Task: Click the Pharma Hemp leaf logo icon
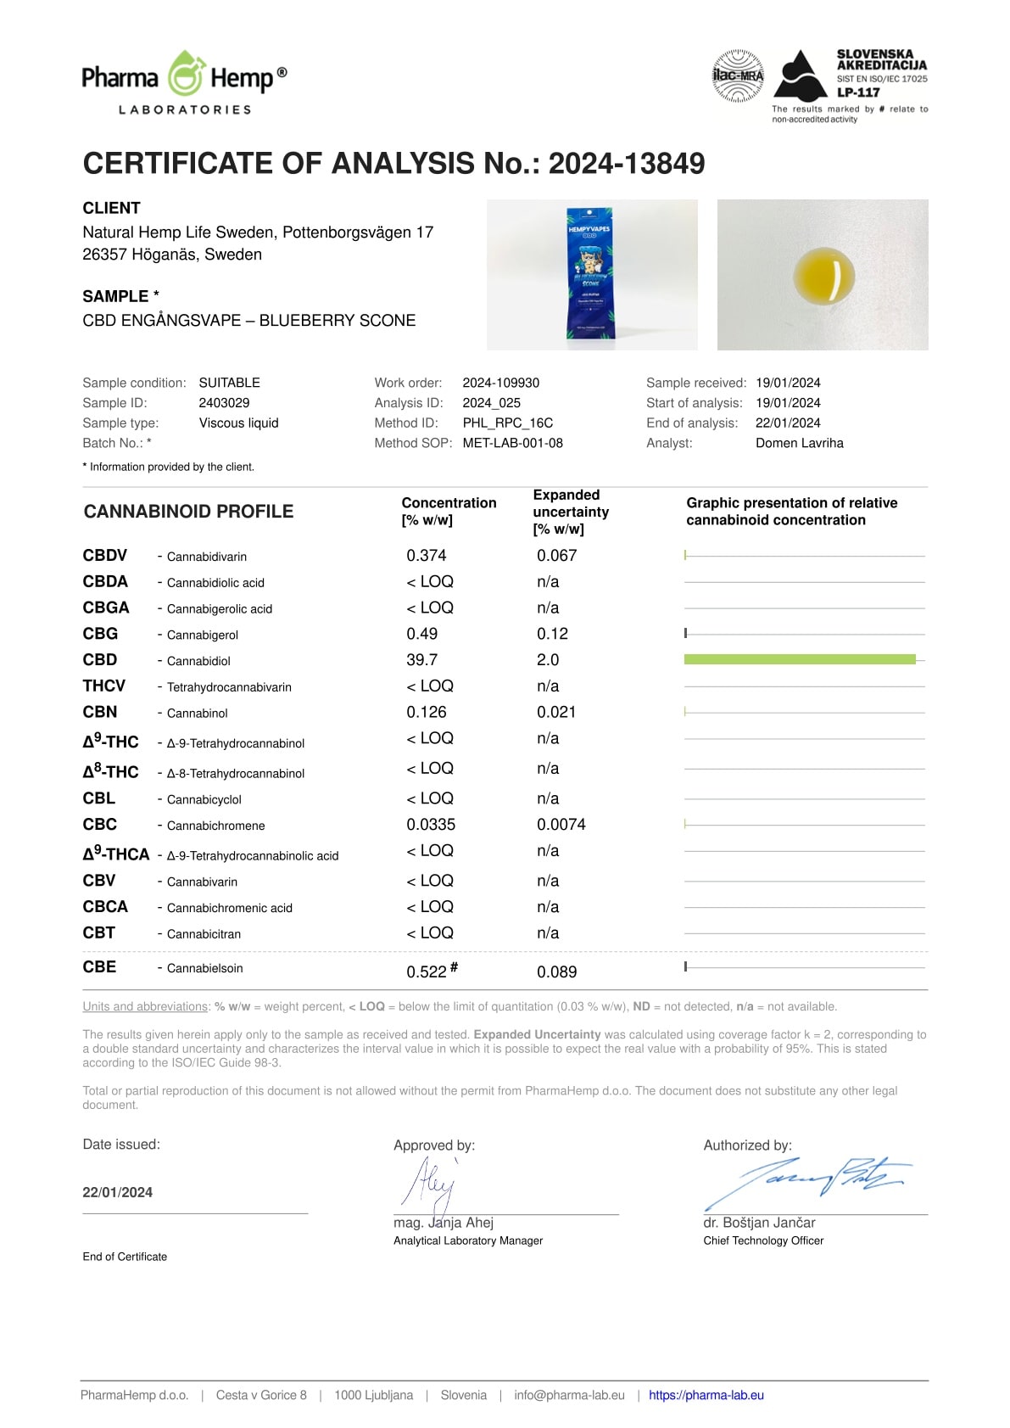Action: click(185, 75)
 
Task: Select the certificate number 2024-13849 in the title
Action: click(626, 164)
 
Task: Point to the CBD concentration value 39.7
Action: click(421, 660)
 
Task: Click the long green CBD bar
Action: click(799, 659)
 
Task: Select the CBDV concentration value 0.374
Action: click(426, 556)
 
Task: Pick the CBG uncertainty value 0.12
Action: click(552, 634)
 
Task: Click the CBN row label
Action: click(100, 712)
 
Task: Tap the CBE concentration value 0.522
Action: click(427, 972)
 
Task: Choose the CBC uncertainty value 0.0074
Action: click(561, 825)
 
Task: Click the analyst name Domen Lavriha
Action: click(799, 443)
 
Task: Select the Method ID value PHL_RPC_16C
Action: click(507, 423)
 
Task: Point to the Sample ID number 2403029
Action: click(224, 403)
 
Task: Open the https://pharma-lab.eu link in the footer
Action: click(706, 1395)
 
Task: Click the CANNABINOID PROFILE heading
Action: click(188, 512)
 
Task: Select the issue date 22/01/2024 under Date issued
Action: click(117, 1192)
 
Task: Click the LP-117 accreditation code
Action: click(858, 92)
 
